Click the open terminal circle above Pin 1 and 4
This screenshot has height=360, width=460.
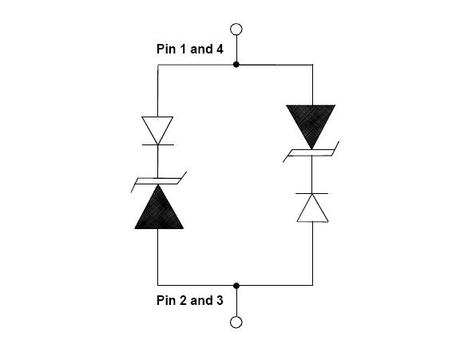tap(236, 30)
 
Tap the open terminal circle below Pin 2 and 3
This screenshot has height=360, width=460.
tap(236, 322)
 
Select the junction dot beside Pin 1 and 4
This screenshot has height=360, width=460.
tap(236, 65)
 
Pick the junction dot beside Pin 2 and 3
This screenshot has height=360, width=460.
tap(236, 285)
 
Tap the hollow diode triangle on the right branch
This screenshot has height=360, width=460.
tap(312, 208)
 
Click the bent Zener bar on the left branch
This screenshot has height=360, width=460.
tap(159, 181)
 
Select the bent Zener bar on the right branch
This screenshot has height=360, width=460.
tap(311, 152)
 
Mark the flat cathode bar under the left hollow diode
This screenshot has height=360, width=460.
tap(158, 144)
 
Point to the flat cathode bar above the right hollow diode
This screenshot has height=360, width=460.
tap(311, 193)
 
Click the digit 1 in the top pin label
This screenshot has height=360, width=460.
tap(183, 49)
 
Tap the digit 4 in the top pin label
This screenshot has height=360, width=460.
tap(220, 49)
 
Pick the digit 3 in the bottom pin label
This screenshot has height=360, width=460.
tap(220, 300)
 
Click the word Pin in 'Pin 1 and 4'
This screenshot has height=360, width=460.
tap(167, 49)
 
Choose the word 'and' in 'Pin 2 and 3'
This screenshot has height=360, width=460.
tap(201, 300)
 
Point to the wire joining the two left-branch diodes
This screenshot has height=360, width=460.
tap(158, 161)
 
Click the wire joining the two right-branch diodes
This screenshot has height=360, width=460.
tap(311, 175)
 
